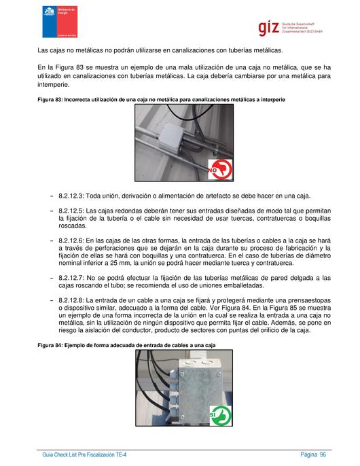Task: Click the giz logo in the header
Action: (x=290, y=29)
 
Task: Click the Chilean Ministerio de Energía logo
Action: (x=60, y=22)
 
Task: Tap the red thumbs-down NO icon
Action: (x=220, y=169)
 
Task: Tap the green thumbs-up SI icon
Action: (x=221, y=415)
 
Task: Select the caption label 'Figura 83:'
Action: (x=50, y=100)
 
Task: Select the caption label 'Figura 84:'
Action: (x=50, y=345)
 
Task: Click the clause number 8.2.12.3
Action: (x=71, y=196)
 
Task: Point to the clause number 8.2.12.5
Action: (x=71, y=211)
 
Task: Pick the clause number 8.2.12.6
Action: (x=71, y=240)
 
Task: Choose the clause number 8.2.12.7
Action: (x=71, y=279)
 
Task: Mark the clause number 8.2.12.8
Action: (x=71, y=300)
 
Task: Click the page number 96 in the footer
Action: (x=323, y=454)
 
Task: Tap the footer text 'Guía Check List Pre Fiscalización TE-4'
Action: (x=84, y=454)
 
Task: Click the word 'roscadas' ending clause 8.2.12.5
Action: (x=73, y=226)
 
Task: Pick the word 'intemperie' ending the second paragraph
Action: (x=54, y=85)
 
